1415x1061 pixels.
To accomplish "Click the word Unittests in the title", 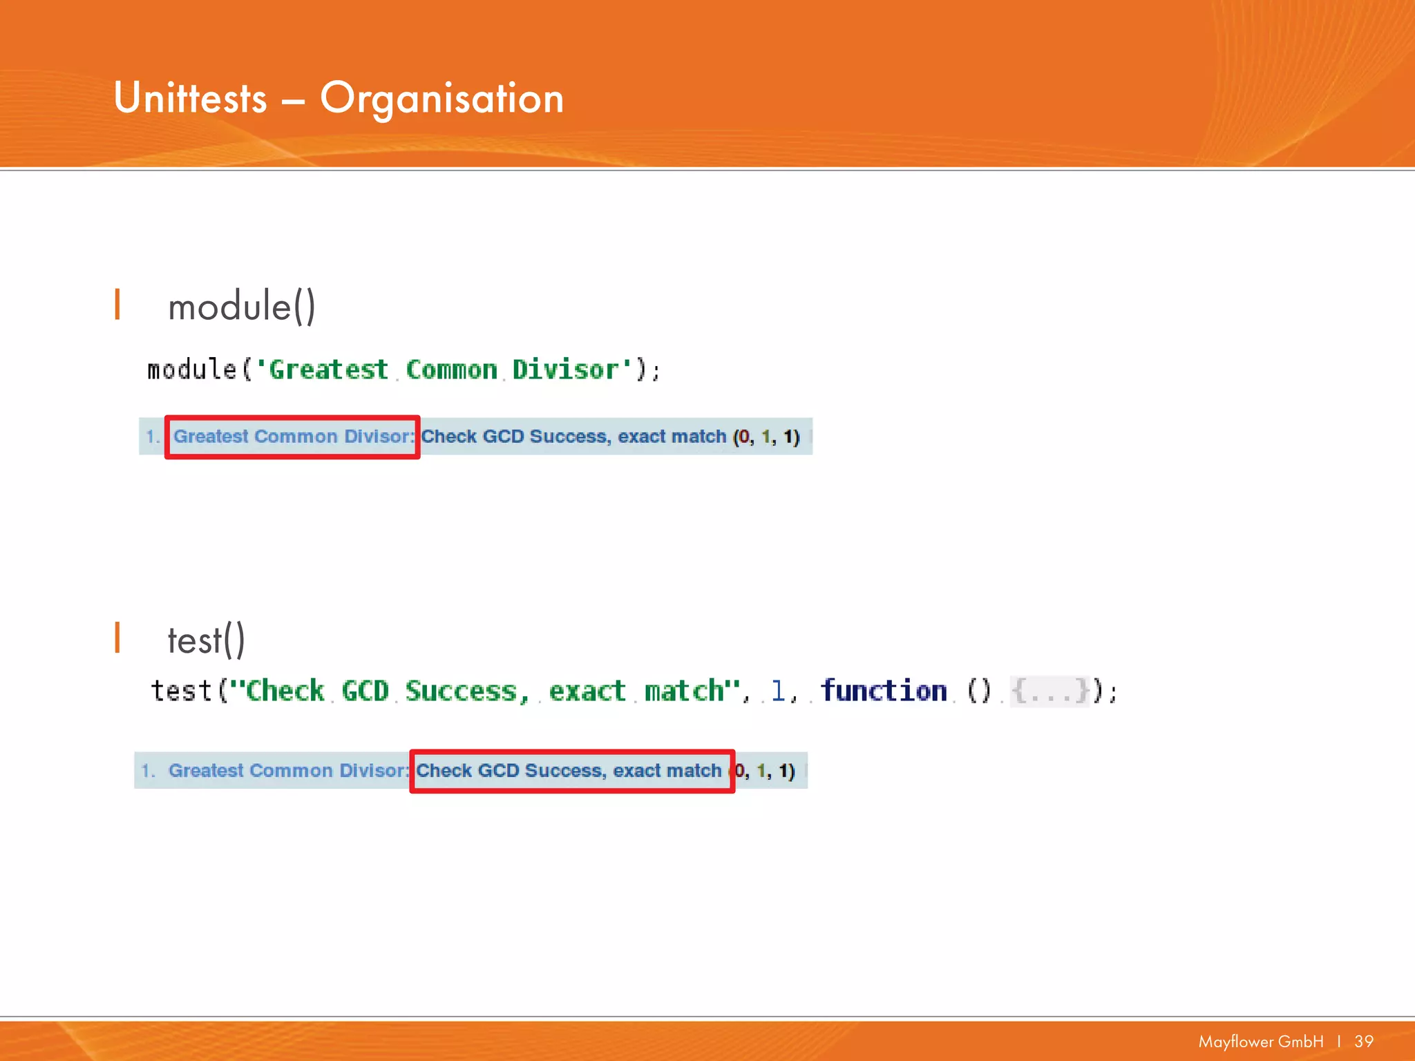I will pos(190,98).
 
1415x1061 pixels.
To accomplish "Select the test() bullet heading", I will pos(206,640).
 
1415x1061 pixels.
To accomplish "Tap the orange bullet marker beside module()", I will pos(117,305).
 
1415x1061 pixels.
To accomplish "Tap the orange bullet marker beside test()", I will pos(117,638).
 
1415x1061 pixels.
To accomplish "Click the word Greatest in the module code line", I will pos(328,370).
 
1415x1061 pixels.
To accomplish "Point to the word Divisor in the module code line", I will pos(564,370).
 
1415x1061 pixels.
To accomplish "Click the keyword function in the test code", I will pos(883,690).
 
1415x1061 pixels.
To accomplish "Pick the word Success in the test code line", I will pos(461,691).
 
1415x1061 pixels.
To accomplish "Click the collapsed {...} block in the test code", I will pos(1050,691).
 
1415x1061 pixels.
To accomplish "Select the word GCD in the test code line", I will pos(365,691).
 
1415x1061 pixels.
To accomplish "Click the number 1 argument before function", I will pos(778,691).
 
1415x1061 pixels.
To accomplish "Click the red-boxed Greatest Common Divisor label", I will pos(292,437).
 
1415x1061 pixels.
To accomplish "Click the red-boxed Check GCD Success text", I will pos(571,771).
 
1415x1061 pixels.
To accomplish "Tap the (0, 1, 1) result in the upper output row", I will pos(766,437).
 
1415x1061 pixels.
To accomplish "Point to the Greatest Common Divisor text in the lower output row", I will pos(287,771).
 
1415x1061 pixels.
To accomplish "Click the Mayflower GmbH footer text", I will pos(1260,1042).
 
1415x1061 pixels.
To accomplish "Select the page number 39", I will pos(1364,1042).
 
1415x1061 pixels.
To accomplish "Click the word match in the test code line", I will pos(684,691).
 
